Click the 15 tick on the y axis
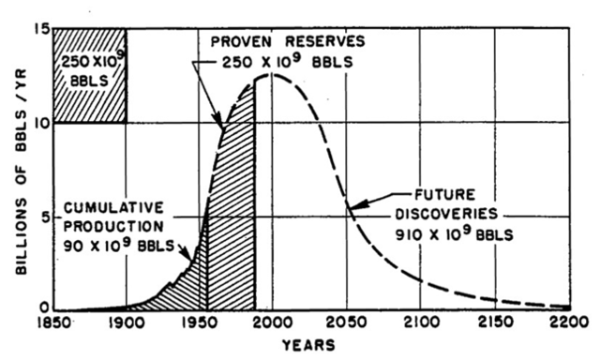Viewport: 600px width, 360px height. (37, 29)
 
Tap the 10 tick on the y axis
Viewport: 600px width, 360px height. (37, 123)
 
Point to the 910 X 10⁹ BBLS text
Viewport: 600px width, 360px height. (459, 235)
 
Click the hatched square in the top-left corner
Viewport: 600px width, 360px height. (89, 75)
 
